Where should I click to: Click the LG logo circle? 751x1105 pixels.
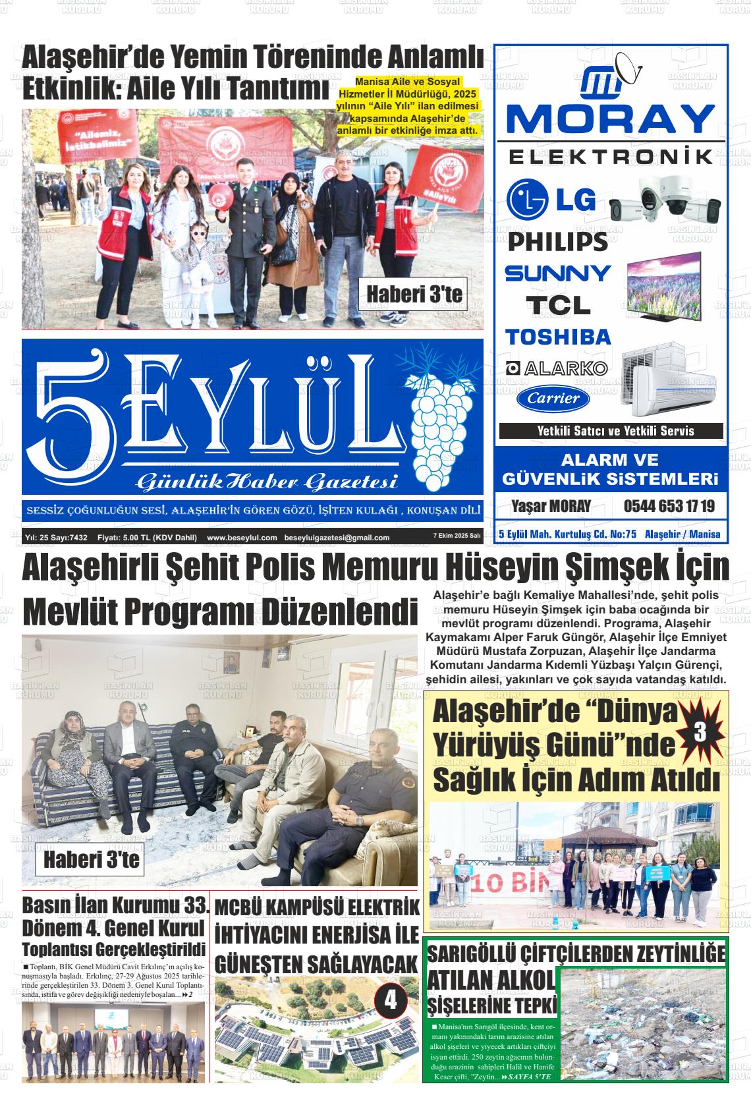(528, 199)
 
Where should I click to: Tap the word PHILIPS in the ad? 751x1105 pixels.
(558, 241)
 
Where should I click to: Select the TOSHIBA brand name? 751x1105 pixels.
(558, 337)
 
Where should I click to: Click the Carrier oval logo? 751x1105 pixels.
(553, 398)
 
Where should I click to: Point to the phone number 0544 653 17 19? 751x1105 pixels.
(669, 507)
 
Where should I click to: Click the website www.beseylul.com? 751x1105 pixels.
(242, 538)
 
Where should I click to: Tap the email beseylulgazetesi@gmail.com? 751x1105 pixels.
(337, 538)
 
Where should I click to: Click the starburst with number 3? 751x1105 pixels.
(700, 732)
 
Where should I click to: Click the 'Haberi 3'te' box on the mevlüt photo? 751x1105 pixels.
(92, 860)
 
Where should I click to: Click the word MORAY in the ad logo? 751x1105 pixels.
(611, 120)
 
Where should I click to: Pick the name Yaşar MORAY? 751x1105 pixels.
(551, 507)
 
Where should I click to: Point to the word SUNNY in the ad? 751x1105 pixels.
(557, 273)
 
